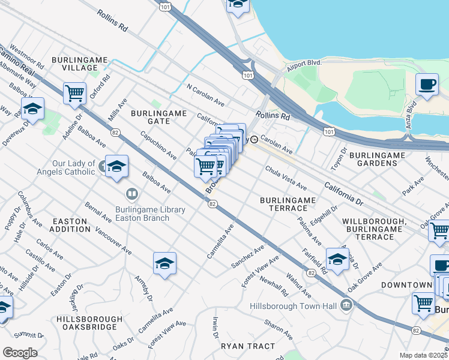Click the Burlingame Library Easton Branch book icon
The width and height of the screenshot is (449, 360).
tap(131, 194)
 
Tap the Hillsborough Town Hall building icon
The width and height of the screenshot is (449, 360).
tap(346, 306)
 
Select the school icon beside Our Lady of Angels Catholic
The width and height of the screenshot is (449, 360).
tap(116, 166)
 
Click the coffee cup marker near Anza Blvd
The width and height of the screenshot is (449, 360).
tap(427, 84)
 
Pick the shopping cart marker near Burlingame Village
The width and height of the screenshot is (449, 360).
tap(75, 93)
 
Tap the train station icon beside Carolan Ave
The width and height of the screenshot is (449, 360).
tap(255, 140)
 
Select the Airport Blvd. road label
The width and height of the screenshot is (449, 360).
tap(304, 62)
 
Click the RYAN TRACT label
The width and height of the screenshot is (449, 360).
tap(248, 346)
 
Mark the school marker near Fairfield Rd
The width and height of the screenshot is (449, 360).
tap(337, 259)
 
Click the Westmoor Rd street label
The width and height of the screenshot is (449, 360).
tap(27, 57)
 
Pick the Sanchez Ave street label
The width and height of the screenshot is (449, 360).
tap(248, 257)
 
